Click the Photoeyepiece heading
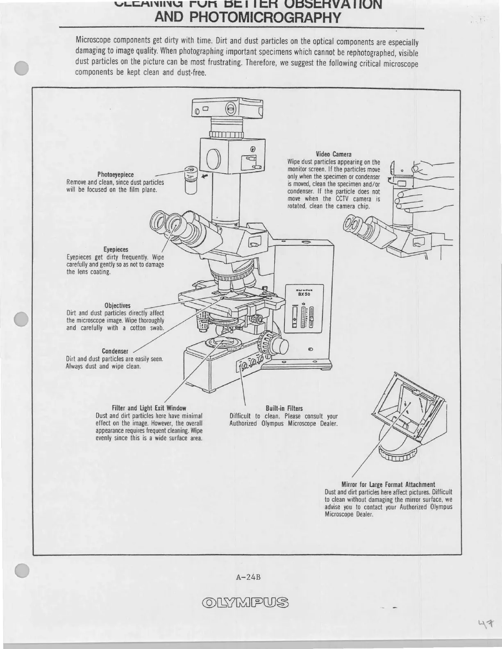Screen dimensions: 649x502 115,175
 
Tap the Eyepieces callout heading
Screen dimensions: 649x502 116,249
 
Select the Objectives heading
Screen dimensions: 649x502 117,305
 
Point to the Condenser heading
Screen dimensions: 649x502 115,351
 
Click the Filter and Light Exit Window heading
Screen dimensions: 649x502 149,408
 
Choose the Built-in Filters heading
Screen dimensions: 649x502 284,408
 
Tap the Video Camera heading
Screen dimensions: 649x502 334,154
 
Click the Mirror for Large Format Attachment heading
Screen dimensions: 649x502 388,484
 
